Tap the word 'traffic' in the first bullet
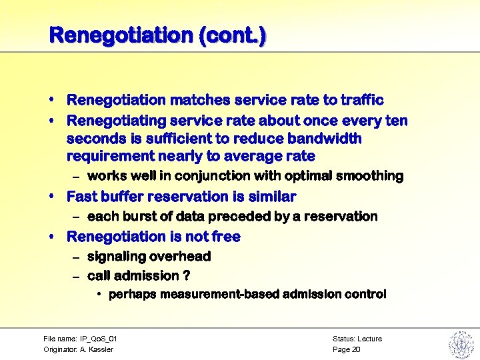(363, 100)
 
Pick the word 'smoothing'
(370, 176)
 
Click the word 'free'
(226, 237)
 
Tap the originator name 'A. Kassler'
(97, 349)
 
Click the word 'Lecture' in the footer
(369, 339)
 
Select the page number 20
(355, 349)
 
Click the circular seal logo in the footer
(460, 345)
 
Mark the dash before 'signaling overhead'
(76, 257)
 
